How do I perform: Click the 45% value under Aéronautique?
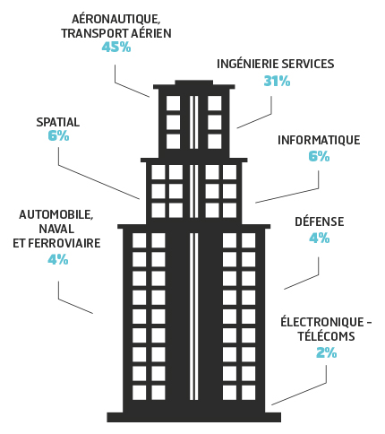point(116,47)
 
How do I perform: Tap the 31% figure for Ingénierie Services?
point(277,81)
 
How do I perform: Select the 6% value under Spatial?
point(58,136)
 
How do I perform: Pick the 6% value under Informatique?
point(319,156)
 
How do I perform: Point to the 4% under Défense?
point(320,239)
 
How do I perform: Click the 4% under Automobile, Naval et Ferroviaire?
point(58,259)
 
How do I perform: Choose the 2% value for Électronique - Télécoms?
point(327,353)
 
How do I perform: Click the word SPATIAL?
point(58,122)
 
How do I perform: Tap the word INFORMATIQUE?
point(319,140)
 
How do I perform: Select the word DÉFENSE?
point(320,221)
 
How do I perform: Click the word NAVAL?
point(56,230)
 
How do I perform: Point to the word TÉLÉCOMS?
point(327,336)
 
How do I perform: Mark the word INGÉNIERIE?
point(248,64)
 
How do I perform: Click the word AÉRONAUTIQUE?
point(115,20)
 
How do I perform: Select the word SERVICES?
point(308,64)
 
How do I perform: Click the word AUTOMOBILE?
point(56,215)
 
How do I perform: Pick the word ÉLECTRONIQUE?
point(322,322)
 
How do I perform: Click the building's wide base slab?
point(194,417)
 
